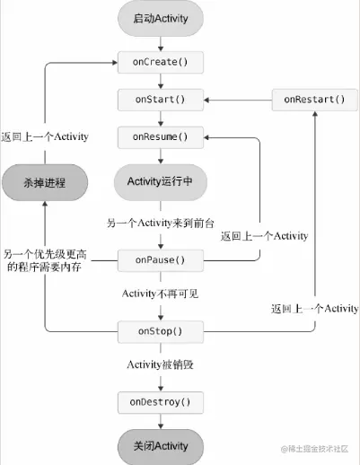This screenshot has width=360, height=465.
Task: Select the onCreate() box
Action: pos(161,63)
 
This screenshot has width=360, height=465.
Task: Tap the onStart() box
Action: pos(161,100)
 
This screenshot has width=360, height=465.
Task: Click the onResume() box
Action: pos(161,137)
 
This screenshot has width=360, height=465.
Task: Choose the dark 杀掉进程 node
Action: pos(46,182)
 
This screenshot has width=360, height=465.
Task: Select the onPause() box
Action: pos(161,259)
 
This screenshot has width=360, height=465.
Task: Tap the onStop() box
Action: pos(161,330)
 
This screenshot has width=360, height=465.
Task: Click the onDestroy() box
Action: pos(161,401)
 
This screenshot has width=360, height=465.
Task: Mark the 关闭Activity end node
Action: pos(161,446)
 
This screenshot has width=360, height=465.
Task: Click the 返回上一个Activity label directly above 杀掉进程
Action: pos(45,136)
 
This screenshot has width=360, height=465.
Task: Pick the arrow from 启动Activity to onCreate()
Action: pos(161,43)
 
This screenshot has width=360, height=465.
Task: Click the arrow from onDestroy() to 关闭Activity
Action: pos(161,422)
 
